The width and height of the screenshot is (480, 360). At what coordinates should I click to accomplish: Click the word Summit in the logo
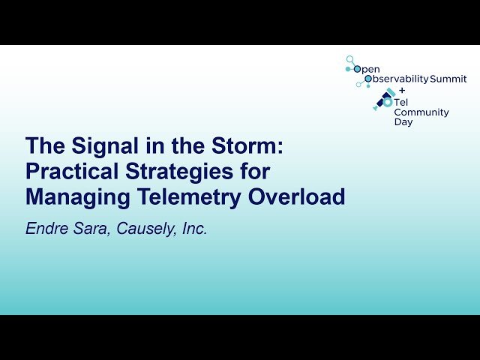(448, 79)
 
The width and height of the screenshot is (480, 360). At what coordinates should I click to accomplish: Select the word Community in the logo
(421, 112)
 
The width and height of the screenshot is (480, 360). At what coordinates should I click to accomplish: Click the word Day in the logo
(403, 122)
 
